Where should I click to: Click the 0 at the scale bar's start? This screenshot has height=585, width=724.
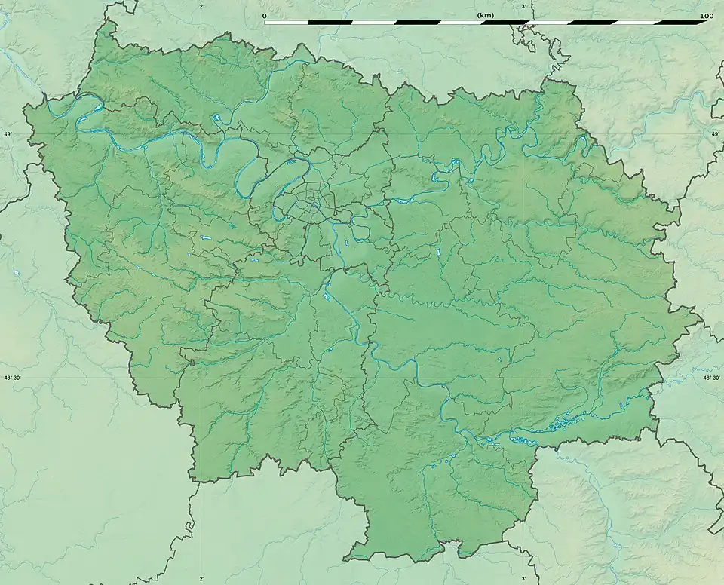(265, 15)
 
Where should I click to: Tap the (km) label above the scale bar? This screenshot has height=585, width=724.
(485, 15)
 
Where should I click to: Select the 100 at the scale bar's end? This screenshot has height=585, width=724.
(706, 15)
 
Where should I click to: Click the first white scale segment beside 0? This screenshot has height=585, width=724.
(286, 23)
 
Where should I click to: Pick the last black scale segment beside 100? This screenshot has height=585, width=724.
(685, 23)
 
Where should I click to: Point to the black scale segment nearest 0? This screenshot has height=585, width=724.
(330, 23)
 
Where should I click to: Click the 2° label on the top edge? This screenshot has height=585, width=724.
(201, 6)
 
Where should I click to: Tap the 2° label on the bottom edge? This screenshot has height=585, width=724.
(201, 579)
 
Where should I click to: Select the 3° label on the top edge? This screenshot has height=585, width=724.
(524, 6)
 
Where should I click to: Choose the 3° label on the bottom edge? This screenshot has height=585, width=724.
(524, 579)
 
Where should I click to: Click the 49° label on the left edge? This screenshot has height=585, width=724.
(8, 134)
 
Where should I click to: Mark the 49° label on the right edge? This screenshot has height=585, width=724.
(715, 134)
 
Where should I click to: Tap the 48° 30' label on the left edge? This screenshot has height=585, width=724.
(13, 378)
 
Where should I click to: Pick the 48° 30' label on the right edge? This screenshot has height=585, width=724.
(711, 378)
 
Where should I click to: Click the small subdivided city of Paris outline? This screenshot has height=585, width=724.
(305, 202)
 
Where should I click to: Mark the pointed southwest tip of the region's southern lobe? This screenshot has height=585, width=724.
(348, 559)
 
